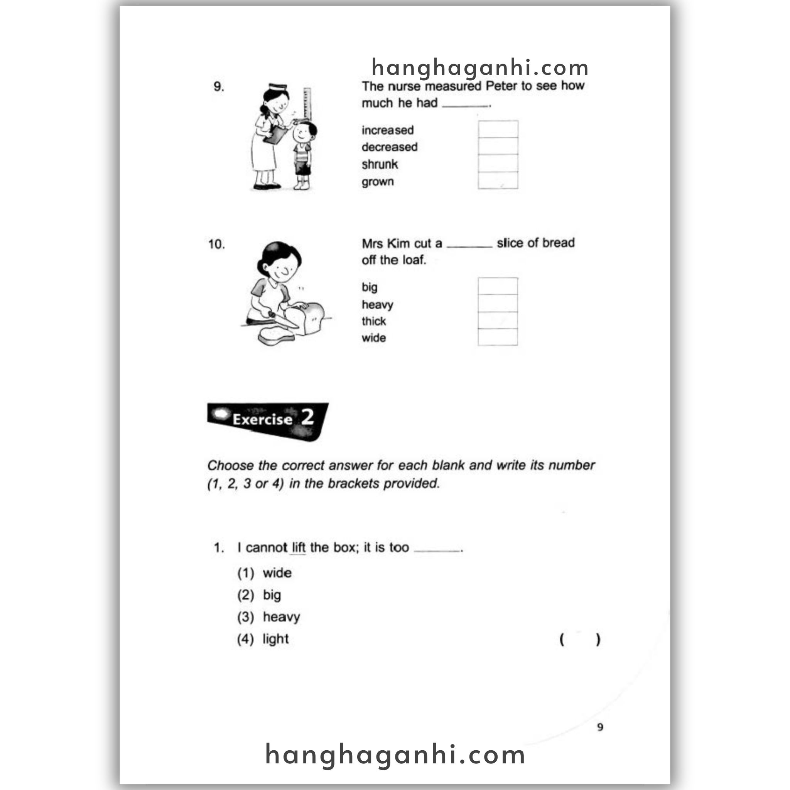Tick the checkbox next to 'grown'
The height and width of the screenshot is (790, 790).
(x=498, y=180)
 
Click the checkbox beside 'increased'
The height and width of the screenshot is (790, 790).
(x=498, y=129)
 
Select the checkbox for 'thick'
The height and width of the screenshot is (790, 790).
(x=498, y=320)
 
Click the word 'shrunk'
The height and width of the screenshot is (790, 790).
(x=380, y=164)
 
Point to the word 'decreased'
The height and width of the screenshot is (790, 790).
(x=389, y=147)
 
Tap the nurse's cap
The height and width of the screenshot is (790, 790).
(x=278, y=87)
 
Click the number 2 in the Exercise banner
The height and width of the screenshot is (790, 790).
(x=307, y=417)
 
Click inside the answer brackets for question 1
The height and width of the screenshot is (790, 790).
(x=580, y=640)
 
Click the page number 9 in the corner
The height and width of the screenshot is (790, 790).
(x=600, y=727)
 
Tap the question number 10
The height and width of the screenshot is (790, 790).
(x=216, y=244)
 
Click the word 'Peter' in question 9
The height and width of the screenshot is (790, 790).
(x=501, y=86)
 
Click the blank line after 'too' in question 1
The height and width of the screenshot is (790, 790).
(x=437, y=550)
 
